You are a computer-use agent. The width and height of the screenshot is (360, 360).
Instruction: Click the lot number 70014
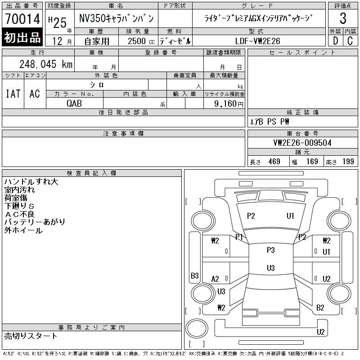pyautogui.click(x=22, y=19)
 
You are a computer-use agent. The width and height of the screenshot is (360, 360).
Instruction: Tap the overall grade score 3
pyautogui.click(x=343, y=18)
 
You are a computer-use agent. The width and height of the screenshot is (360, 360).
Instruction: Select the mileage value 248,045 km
pyautogui.click(x=46, y=64)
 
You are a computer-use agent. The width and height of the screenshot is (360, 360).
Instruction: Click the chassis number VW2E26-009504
pyautogui.click(x=302, y=143)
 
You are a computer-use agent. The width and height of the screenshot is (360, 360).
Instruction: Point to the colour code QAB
pyautogui.click(x=74, y=103)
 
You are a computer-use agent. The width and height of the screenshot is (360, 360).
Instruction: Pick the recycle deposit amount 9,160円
pyautogui.click(x=229, y=104)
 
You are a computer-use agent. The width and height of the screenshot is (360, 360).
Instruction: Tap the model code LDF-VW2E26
pyautogui.click(x=257, y=41)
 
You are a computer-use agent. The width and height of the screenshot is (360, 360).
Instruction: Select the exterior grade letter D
pyautogui.click(x=335, y=41)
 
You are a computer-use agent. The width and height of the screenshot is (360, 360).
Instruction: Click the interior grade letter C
pyautogui.click(x=350, y=41)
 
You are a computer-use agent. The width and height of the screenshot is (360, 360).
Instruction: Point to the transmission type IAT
pyautogui.click(x=13, y=94)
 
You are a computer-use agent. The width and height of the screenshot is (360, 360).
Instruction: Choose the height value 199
pyautogui.click(x=348, y=162)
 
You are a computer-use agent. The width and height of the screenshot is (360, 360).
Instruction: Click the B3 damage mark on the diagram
pyautogui.click(x=195, y=275)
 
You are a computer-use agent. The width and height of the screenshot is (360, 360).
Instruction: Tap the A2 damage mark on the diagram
pyautogui.click(x=215, y=279)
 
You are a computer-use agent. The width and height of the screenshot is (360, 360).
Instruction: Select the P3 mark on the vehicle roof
pyautogui.click(x=271, y=250)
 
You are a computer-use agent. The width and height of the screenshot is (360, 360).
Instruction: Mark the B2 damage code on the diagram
pyautogui.click(x=320, y=308)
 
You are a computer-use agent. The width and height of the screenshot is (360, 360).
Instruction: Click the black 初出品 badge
pyautogui.click(x=22, y=37)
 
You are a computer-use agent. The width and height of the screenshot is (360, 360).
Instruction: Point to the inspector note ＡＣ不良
pyautogui.click(x=19, y=214)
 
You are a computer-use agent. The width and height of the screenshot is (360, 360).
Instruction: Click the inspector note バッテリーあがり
pyautogui.click(x=35, y=222)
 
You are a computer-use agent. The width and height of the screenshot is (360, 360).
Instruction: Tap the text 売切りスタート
pyautogui.click(x=30, y=336)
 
